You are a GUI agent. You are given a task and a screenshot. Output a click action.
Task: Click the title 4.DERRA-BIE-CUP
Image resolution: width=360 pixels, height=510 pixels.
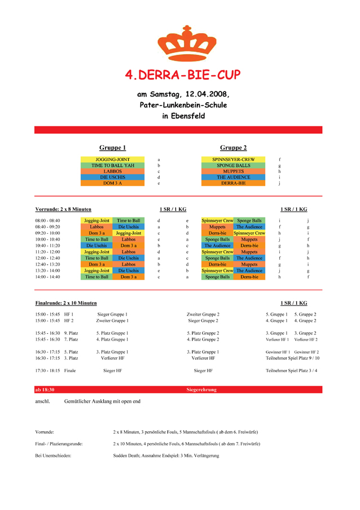coord(179,75)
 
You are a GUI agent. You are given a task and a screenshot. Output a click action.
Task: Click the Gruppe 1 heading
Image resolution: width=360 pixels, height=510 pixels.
coord(113,148)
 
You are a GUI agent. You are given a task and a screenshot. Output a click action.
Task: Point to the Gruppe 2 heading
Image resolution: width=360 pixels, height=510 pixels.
coord(233,148)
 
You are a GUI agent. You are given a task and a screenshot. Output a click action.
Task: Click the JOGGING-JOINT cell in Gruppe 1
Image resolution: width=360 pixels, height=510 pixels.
coord(113,160)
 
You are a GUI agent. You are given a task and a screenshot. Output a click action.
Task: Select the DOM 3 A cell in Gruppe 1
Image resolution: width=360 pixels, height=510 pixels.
coord(113,184)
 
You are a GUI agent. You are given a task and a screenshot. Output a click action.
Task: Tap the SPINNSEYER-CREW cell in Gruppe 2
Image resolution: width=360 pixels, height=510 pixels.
coord(234,160)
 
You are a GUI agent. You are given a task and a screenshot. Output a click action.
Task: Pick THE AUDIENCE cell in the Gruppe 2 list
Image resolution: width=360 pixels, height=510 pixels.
coord(234,177)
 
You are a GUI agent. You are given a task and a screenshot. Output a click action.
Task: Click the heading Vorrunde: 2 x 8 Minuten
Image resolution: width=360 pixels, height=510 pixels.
coord(63,210)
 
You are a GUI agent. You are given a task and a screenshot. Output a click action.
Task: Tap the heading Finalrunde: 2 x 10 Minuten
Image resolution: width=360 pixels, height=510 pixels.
coord(65,303)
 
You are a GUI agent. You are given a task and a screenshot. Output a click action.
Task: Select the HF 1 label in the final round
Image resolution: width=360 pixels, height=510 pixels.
coord(69,314)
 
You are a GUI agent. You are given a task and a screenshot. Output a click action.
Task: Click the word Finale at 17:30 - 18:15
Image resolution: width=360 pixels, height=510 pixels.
coord(71,371)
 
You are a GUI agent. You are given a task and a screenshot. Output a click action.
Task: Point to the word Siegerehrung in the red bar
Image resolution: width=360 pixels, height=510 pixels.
coord(201,390)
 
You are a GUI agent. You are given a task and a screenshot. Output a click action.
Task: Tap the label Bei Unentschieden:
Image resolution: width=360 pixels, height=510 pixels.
coord(53,455)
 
